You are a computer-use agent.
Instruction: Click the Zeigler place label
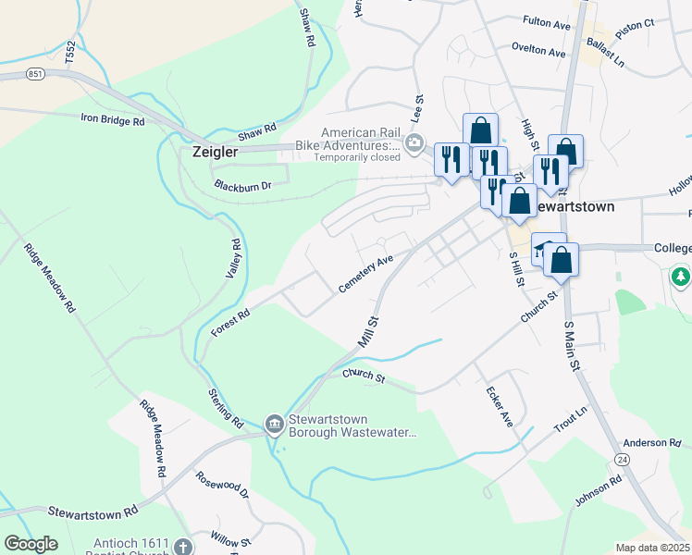point(215,151)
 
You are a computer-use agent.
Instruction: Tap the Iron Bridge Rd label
point(113,120)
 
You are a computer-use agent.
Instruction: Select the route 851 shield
point(36,74)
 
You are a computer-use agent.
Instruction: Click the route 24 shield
point(622,459)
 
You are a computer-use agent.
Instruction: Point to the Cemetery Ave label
point(366,274)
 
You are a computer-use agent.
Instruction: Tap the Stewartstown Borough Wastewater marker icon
point(275,425)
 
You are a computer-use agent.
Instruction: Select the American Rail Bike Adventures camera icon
point(414,143)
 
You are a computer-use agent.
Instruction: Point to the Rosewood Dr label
point(223,485)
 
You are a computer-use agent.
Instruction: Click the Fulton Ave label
point(547,19)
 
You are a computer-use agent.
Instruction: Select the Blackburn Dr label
point(242,185)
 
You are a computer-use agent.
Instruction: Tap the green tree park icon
point(681,277)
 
